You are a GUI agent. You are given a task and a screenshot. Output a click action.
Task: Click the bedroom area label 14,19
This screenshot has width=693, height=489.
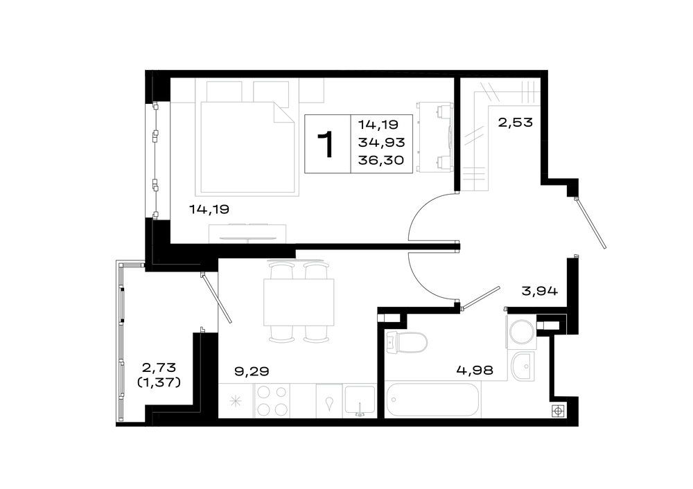209,209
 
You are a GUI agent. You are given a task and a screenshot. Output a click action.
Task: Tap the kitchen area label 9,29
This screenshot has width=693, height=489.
252,371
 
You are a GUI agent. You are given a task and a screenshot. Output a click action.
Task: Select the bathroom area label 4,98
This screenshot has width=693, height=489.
475,370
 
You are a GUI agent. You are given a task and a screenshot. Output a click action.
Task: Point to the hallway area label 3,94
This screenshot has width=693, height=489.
540,291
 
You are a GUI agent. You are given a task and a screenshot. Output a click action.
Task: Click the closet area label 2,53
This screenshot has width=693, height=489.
516,122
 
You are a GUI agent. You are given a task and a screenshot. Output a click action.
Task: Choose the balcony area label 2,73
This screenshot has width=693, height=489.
159,367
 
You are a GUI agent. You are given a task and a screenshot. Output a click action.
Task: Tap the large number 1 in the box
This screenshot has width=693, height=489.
326,144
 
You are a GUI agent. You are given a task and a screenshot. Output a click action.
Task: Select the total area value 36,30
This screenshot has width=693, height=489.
381,161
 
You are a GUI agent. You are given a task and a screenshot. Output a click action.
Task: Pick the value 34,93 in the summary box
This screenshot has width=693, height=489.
381,143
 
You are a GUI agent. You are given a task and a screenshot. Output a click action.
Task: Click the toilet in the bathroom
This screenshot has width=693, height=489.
407,343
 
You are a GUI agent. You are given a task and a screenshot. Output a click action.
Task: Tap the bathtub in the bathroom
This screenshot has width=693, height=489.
432,400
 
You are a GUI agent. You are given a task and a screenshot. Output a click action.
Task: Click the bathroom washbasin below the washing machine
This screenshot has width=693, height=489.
523,366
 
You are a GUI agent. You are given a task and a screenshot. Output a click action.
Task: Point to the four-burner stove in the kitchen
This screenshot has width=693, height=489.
272,400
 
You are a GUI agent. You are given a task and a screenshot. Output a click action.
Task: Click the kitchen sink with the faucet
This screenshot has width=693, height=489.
360,401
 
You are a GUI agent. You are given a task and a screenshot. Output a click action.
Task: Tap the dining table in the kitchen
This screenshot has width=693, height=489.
298,302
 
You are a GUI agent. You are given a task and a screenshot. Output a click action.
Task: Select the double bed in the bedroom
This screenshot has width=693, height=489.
247,147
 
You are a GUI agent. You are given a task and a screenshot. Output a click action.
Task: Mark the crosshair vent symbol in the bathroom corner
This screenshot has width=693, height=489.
558,411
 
